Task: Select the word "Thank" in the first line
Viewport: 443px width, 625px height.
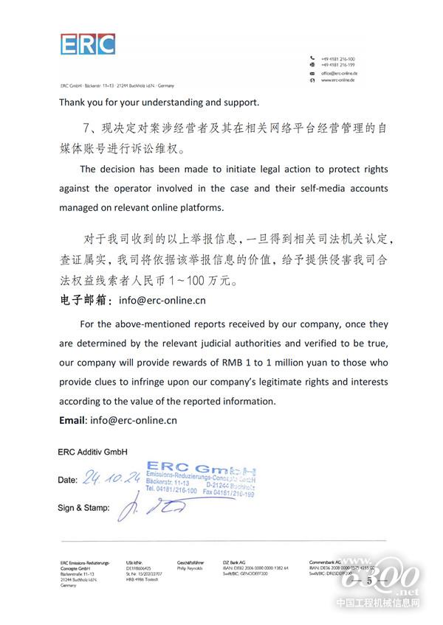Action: tap(73, 102)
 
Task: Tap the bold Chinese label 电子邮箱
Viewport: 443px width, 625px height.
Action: tap(83, 301)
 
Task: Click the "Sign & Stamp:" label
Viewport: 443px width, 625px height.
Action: tap(83, 509)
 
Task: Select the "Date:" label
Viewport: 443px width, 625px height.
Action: tap(67, 481)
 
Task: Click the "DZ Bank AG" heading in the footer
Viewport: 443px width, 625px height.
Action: tap(236, 562)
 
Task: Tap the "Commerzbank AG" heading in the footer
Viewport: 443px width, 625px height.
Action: tap(327, 562)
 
